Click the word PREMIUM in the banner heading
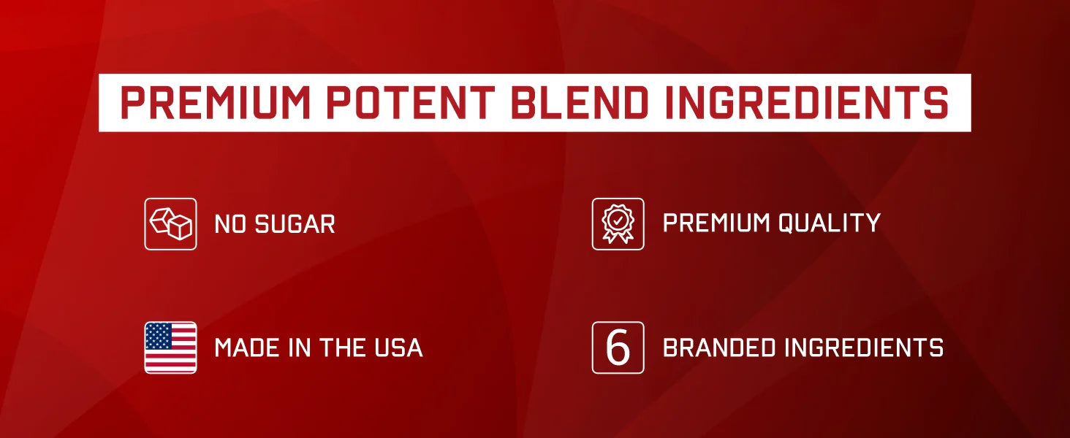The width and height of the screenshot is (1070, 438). point(216,103)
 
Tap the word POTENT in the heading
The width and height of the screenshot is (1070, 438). point(411,103)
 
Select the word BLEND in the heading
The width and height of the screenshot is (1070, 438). point(580,103)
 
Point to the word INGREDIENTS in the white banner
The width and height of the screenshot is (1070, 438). point(807,103)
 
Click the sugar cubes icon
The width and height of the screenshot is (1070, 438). point(170,224)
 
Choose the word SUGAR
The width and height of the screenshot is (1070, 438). point(295,224)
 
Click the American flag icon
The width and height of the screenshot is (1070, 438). point(170,347)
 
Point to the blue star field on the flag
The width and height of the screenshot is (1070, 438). point(158,335)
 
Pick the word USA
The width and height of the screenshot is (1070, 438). point(399,347)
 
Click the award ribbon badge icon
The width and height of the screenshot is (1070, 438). point(618,224)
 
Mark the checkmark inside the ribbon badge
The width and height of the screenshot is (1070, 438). point(618,220)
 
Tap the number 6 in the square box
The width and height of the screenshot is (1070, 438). point(618,347)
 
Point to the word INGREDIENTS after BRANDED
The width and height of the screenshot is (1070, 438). point(865,347)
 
